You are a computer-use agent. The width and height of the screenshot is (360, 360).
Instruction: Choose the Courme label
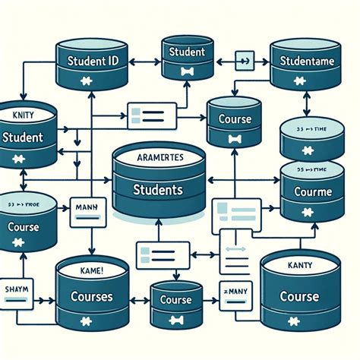(313, 193)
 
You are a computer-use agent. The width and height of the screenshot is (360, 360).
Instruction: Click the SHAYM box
(16, 289)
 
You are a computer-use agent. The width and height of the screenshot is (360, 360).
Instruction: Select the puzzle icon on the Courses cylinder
(93, 324)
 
